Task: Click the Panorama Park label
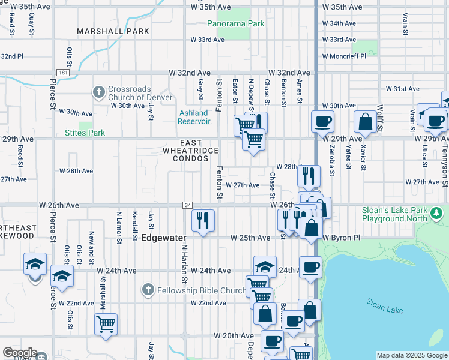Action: pos(235,24)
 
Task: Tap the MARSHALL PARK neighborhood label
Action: pos(105,31)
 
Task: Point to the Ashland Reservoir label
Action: pos(194,117)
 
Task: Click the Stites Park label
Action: pos(85,133)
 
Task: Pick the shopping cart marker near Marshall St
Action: pos(106,324)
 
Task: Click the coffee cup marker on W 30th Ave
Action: pos(322,121)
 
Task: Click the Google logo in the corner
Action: pos(19,353)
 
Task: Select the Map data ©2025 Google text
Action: pos(412,355)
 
